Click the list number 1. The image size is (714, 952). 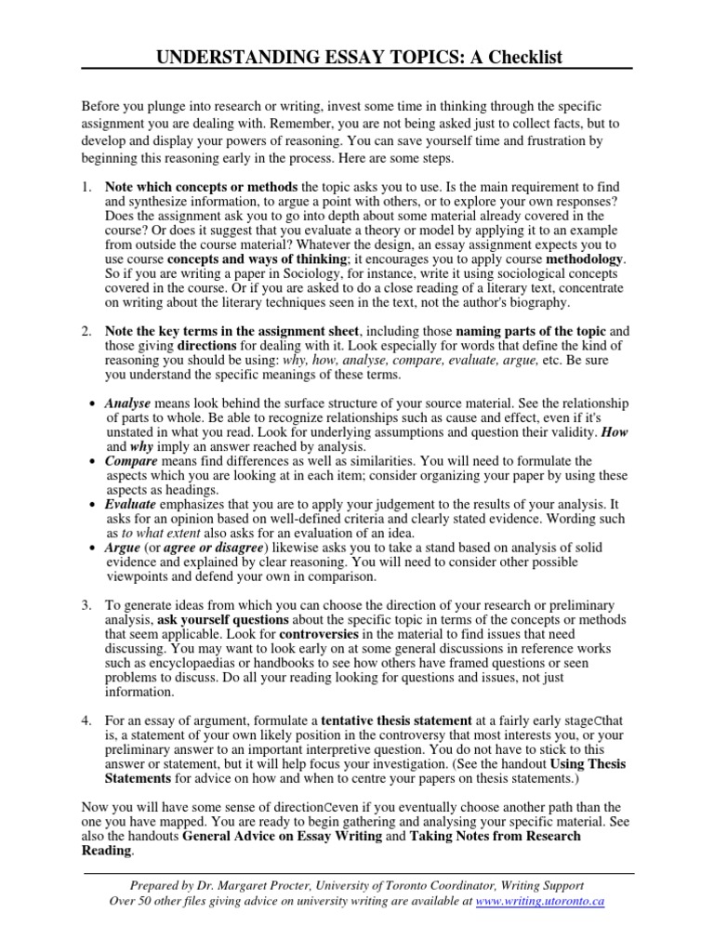point(86,188)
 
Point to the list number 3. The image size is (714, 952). point(86,605)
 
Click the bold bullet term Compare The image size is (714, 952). point(131,461)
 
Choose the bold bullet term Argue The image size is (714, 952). point(124,548)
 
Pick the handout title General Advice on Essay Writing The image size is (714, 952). point(282,836)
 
